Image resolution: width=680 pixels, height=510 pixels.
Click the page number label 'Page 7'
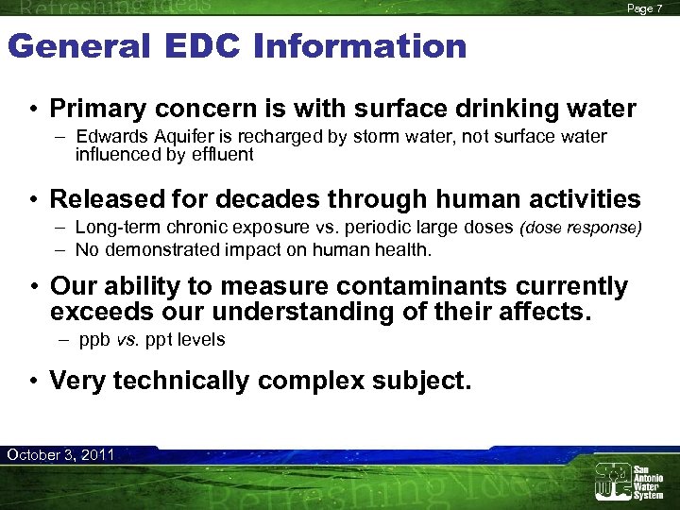[x=646, y=8]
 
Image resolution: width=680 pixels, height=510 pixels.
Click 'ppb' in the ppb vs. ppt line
[x=91, y=339]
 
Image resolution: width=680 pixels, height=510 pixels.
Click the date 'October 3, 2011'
[x=60, y=455]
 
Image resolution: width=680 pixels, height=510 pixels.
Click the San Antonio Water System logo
[x=628, y=482]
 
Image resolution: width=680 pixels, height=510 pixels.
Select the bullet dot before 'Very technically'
[x=33, y=382]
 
